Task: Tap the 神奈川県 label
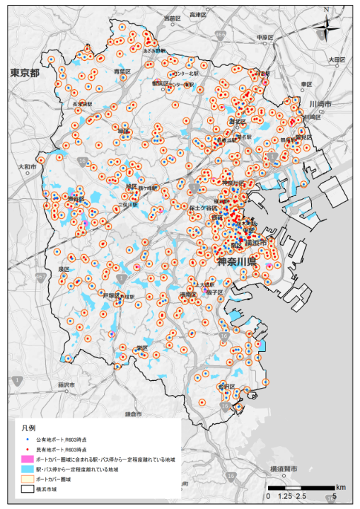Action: pos(236,263)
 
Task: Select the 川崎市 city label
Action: pos(320,104)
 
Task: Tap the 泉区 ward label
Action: pos(64,269)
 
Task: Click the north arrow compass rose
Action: pos(326,28)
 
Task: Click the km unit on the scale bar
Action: pos(341,487)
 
